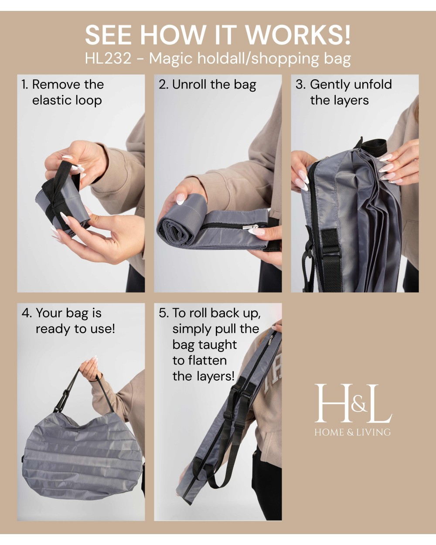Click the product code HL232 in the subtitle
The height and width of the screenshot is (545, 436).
pyautogui.click(x=108, y=58)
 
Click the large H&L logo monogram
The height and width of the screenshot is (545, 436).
pyautogui.click(x=353, y=403)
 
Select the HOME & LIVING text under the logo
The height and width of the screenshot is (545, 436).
pyautogui.click(x=353, y=432)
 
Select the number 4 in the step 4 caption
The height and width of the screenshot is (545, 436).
pyautogui.click(x=26, y=313)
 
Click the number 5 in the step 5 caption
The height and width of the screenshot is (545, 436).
pyautogui.click(x=163, y=313)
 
